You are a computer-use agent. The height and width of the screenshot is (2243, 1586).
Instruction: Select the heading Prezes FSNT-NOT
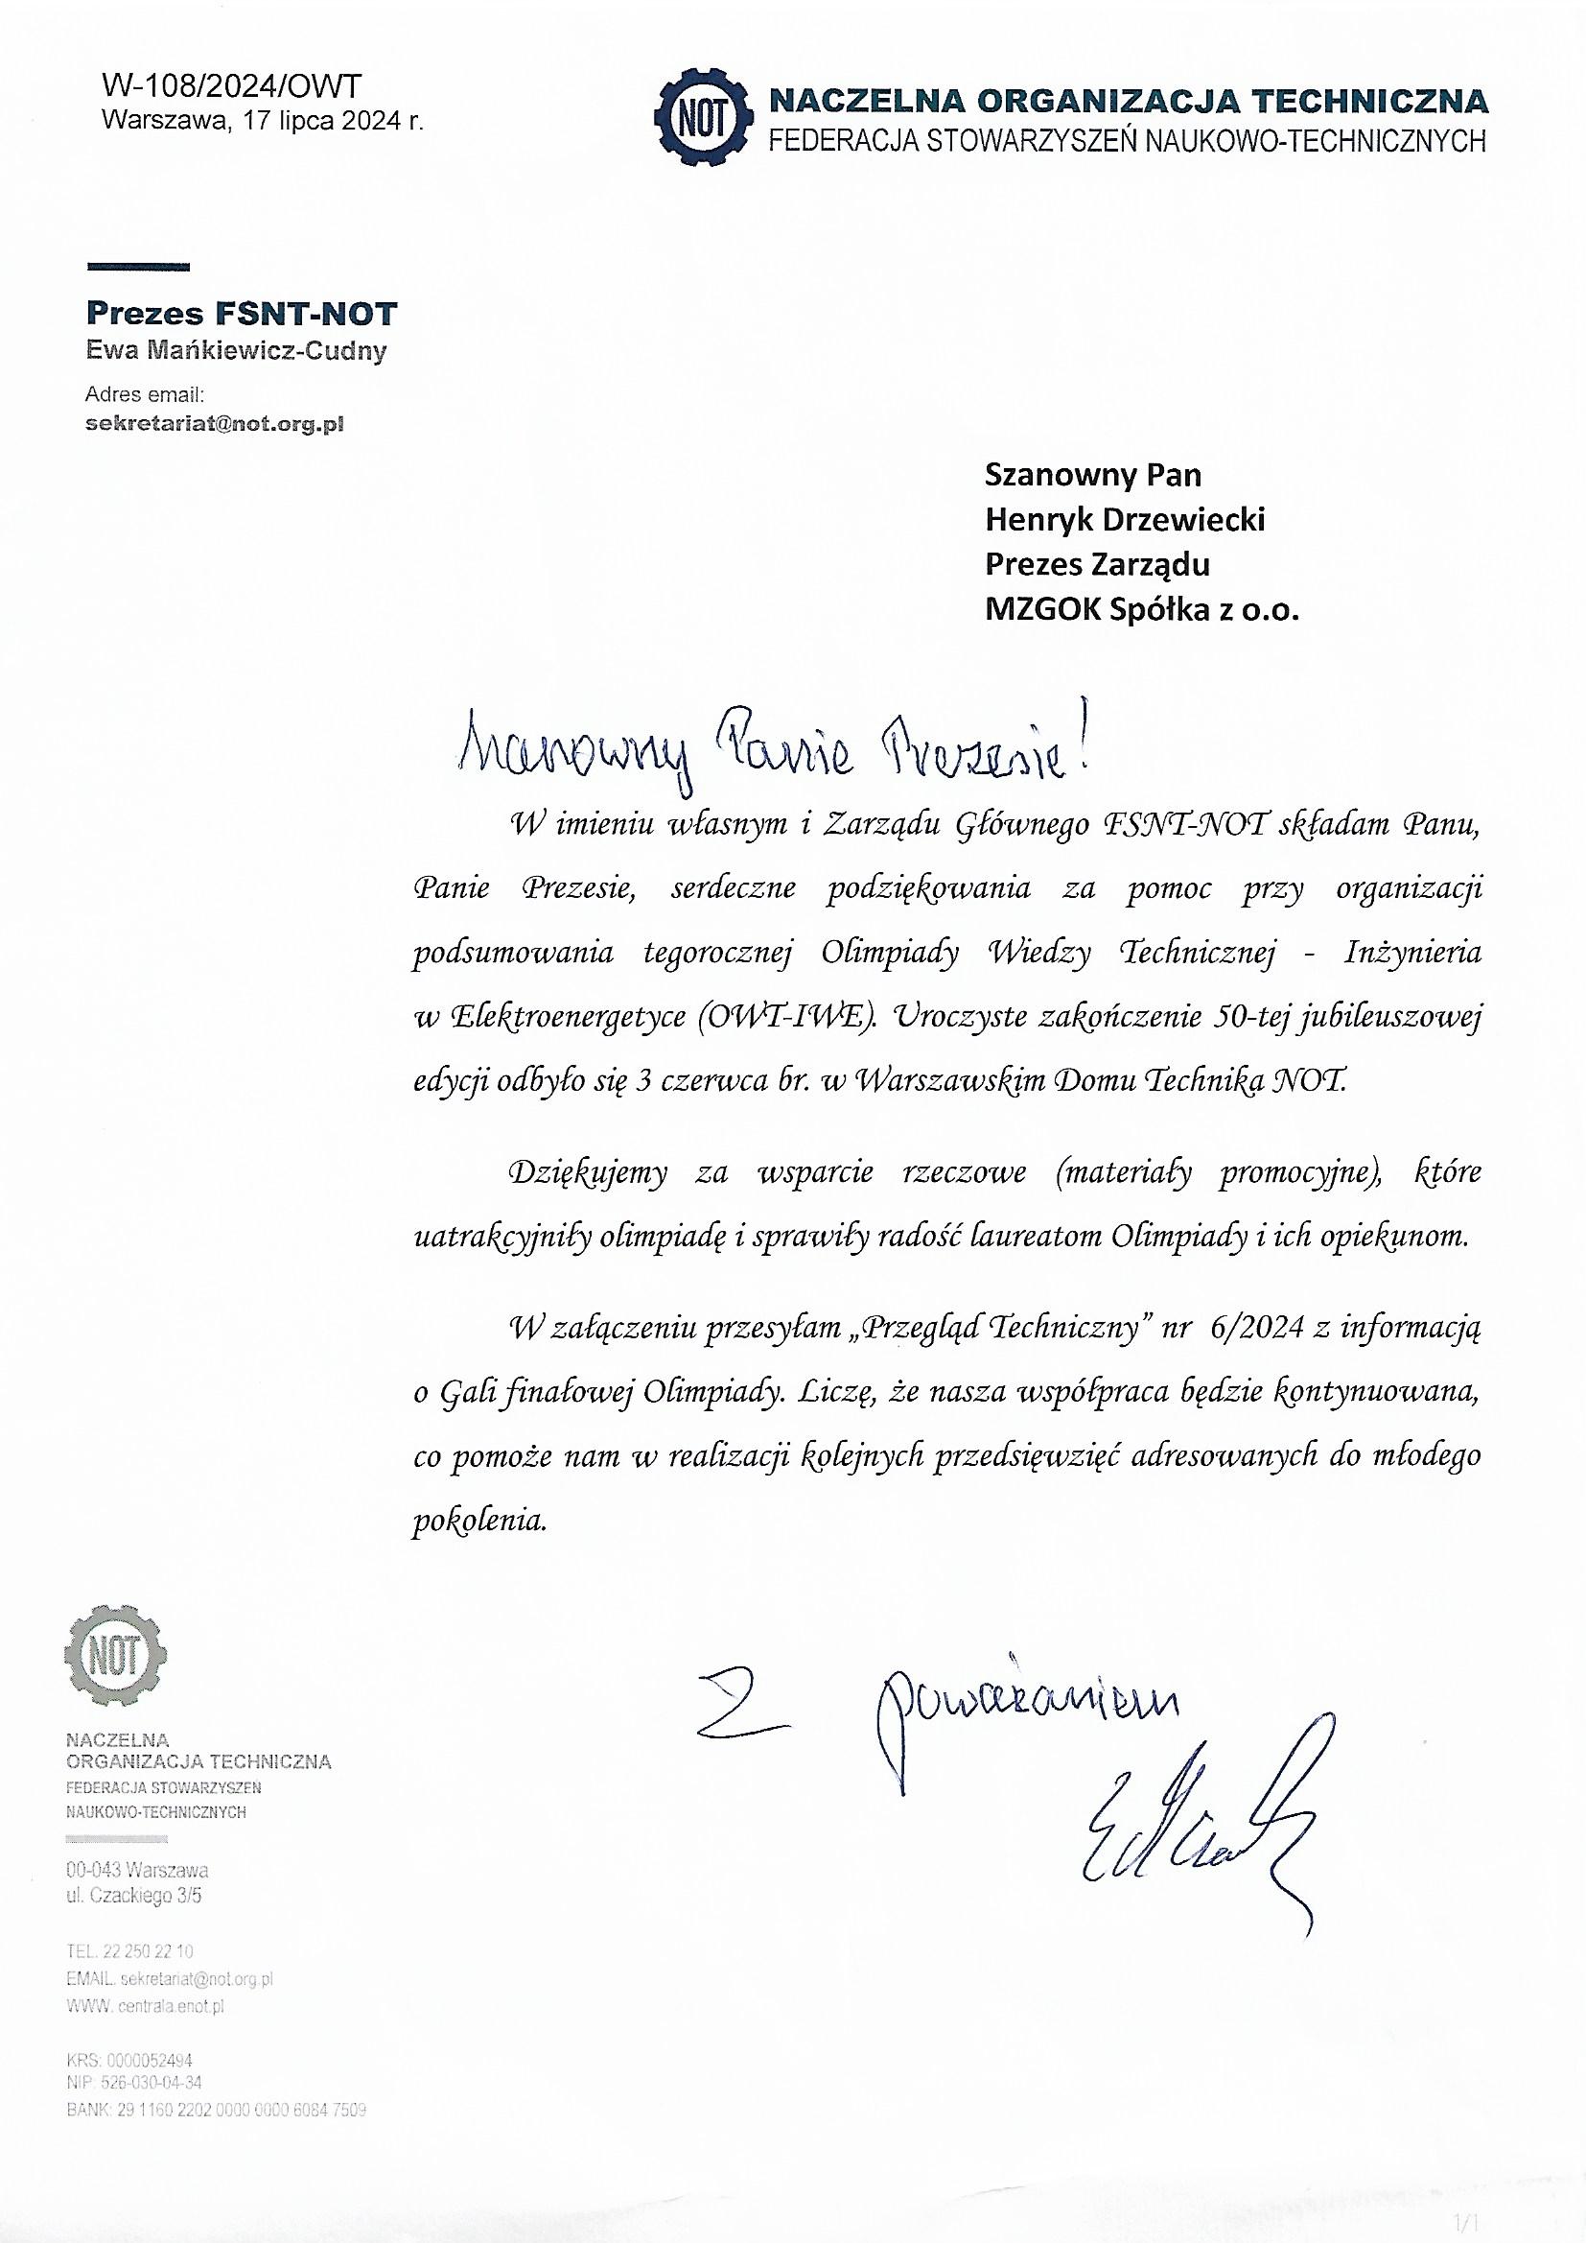[242, 314]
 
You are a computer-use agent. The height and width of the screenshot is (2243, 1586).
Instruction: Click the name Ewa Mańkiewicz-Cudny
[236, 351]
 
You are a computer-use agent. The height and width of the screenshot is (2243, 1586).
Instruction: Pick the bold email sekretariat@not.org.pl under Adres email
[215, 424]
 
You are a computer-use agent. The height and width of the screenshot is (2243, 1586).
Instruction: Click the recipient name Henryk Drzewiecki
[1124, 520]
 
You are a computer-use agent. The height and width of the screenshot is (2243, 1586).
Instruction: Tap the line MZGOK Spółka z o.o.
[1142, 610]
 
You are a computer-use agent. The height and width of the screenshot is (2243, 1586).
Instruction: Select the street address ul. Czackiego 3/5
[135, 1898]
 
